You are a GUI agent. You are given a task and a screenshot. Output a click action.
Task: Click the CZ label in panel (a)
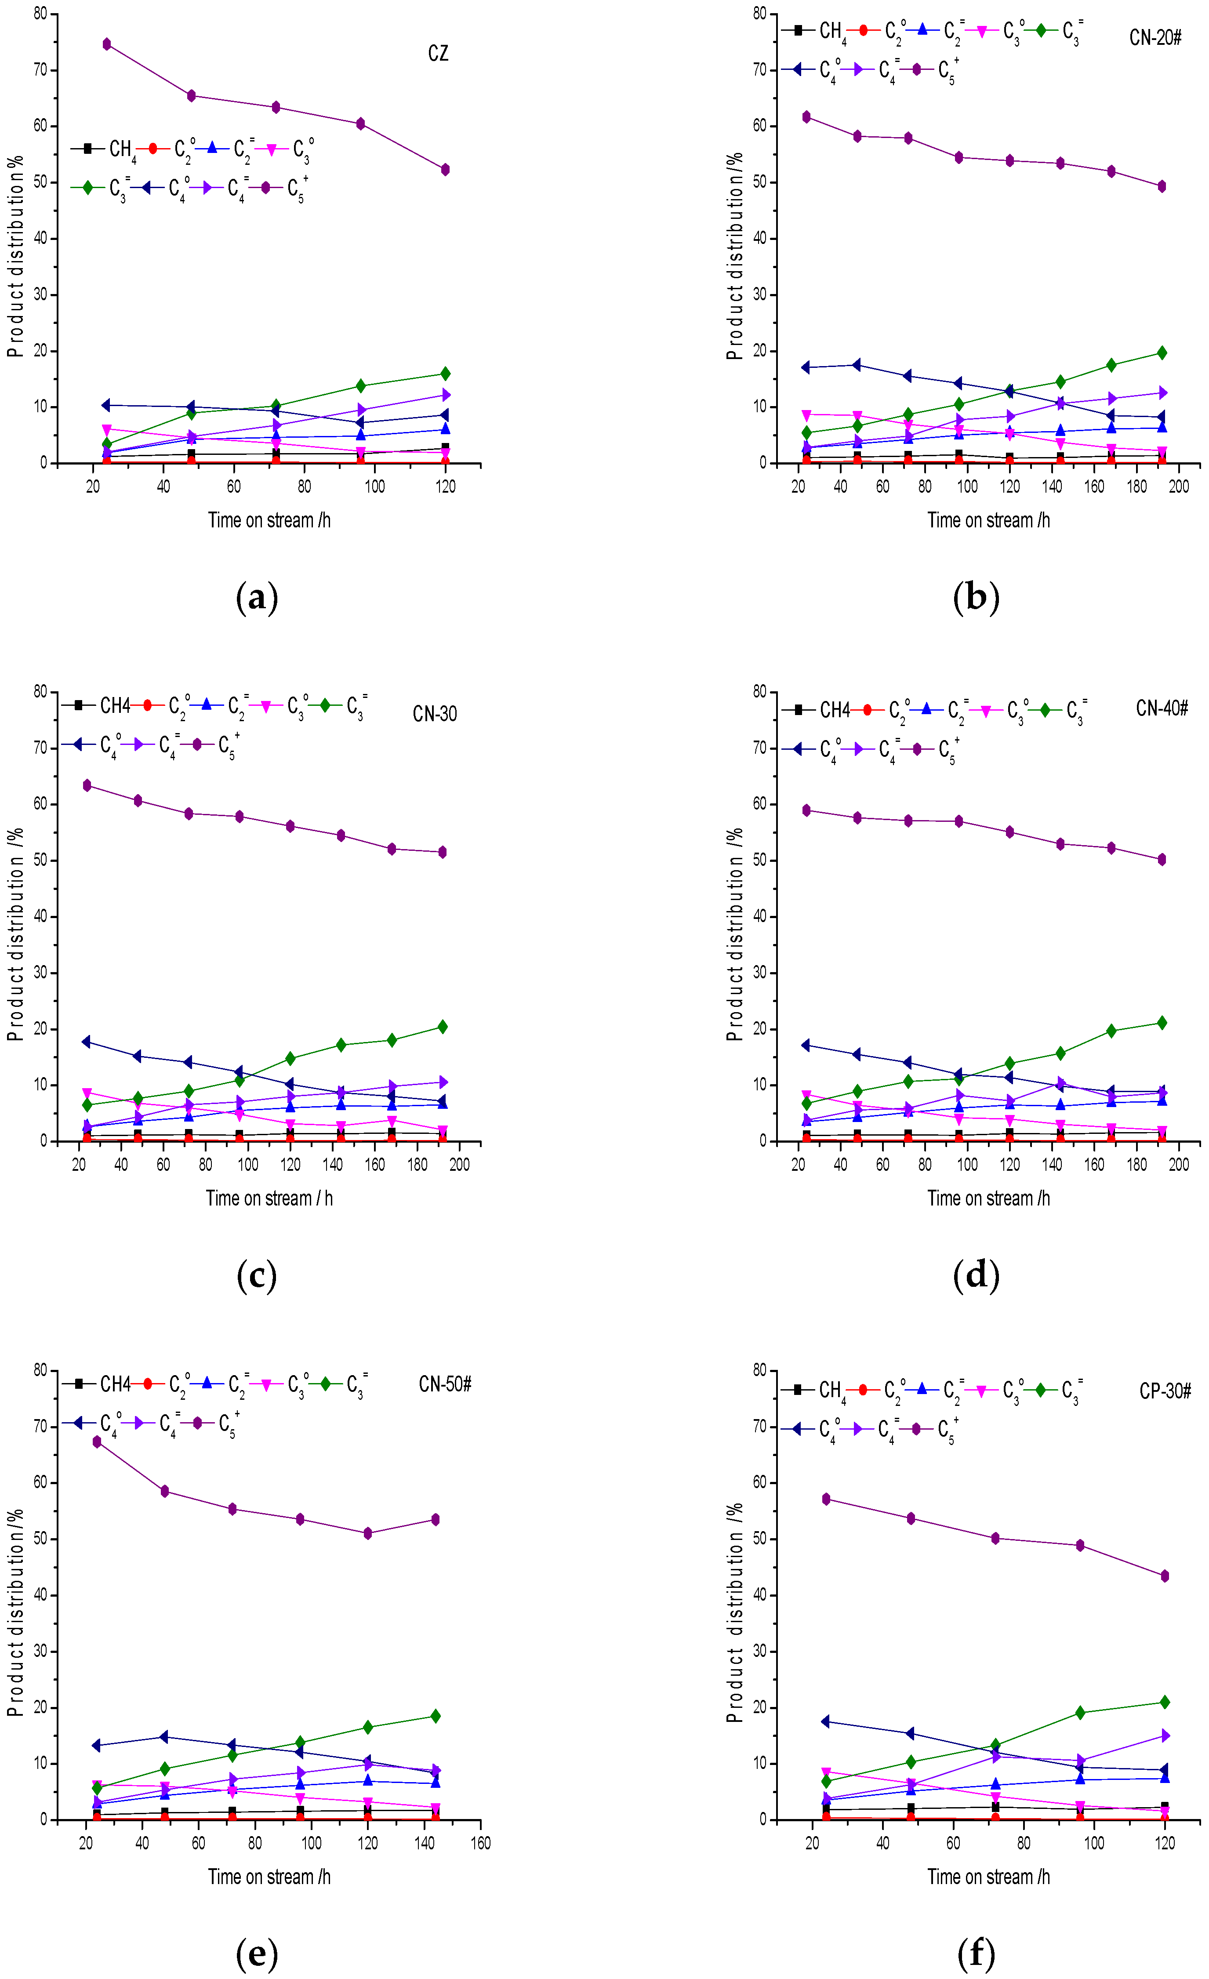click(438, 54)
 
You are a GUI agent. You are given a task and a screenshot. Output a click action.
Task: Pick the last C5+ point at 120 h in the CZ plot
click(445, 170)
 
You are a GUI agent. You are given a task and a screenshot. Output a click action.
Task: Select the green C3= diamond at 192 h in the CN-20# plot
click(1162, 352)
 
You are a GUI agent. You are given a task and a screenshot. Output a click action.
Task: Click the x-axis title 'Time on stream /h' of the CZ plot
click(269, 520)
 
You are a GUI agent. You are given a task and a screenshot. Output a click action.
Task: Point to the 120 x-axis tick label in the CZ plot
click(445, 487)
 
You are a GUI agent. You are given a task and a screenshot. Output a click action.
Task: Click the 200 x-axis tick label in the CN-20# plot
click(1179, 487)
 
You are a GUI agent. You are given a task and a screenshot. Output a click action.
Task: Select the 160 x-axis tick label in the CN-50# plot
click(480, 1843)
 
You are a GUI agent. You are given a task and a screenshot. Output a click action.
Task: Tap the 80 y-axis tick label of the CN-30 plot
click(40, 691)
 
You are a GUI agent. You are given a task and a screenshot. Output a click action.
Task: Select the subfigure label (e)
click(257, 1953)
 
